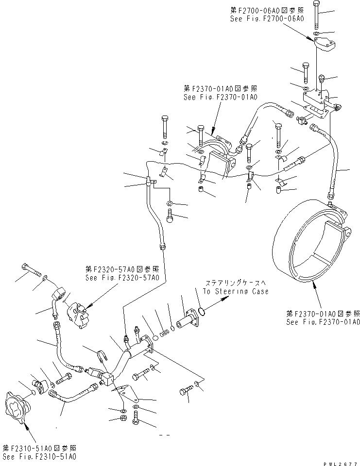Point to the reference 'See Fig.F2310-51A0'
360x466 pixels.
pos(39,457)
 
